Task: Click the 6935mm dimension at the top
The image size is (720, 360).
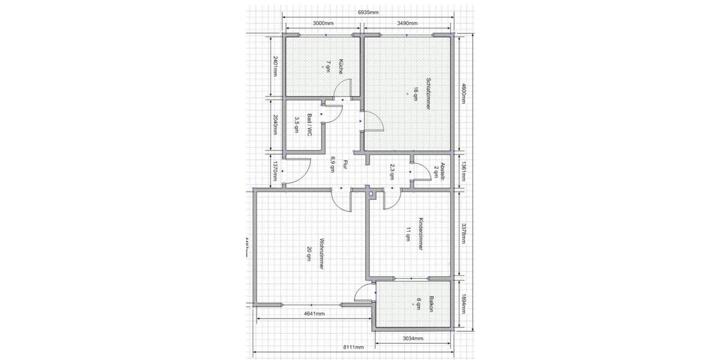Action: pos(368,11)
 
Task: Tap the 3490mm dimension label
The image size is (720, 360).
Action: pos(407,23)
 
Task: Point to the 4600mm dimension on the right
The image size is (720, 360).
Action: pos(463,93)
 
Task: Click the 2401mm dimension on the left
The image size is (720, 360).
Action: pos(275,67)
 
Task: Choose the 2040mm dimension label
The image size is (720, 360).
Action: pos(275,125)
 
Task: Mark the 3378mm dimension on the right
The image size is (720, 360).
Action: pos(463,233)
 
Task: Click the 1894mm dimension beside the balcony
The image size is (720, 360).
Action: pos(463,305)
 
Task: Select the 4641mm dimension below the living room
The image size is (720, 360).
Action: pos(314,313)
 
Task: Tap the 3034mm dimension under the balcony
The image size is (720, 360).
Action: pos(413,338)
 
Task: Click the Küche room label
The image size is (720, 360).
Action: pos(340,66)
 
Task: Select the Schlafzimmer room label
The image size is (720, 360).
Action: pos(428,93)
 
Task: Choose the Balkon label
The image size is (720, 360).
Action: pos(431,305)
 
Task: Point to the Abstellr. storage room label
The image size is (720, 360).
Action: pos(442,172)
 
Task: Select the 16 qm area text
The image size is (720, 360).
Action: pos(415,93)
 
